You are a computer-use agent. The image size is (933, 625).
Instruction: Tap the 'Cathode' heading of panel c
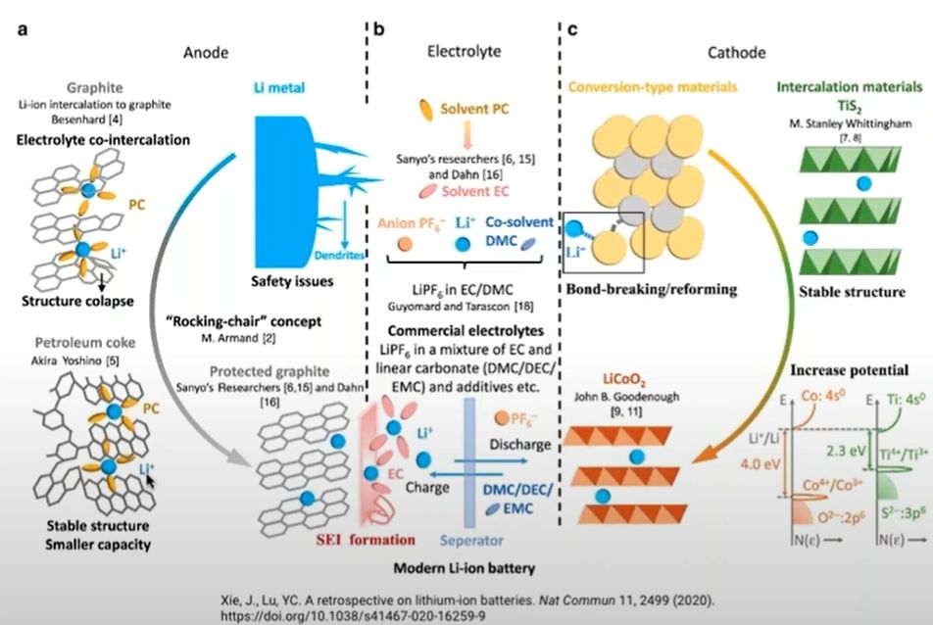click(x=737, y=52)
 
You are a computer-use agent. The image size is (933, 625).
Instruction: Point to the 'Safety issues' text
click(x=289, y=281)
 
